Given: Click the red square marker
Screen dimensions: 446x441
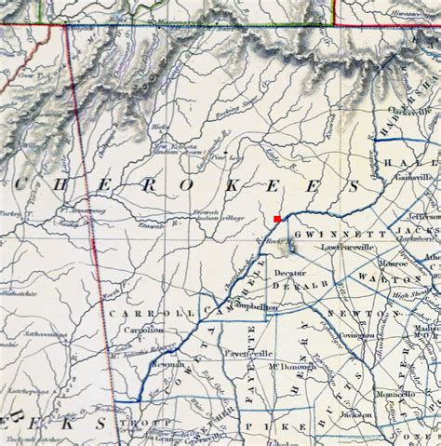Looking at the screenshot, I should click(276, 219).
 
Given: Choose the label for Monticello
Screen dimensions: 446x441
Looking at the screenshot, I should click(394, 396).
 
